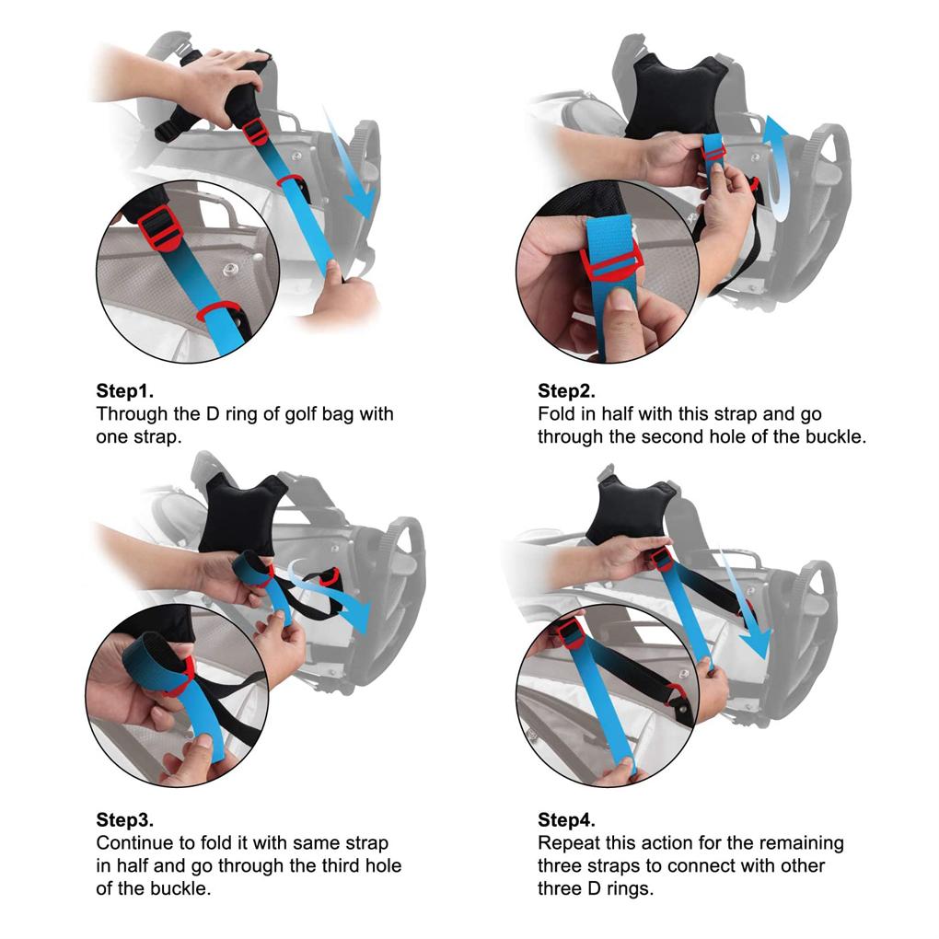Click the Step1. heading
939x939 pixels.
click(x=130, y=389)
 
